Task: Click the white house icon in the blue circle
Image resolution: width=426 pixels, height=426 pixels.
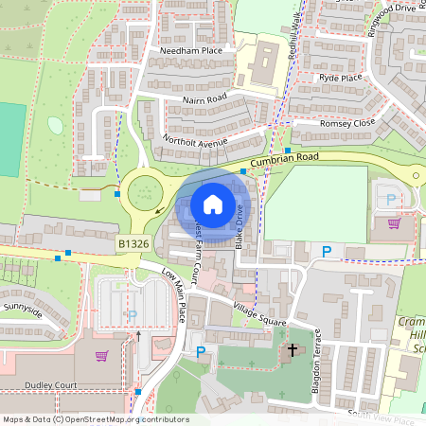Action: (213, 204)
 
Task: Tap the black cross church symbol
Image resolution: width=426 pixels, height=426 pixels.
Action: (293, 350)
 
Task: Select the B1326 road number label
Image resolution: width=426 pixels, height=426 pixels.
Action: (133, 244)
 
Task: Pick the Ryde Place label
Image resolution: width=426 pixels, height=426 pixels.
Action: (342, 78)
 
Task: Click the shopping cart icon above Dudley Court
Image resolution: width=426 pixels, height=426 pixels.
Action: (101, 355)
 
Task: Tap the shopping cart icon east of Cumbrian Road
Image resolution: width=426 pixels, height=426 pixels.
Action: (394, 223)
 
